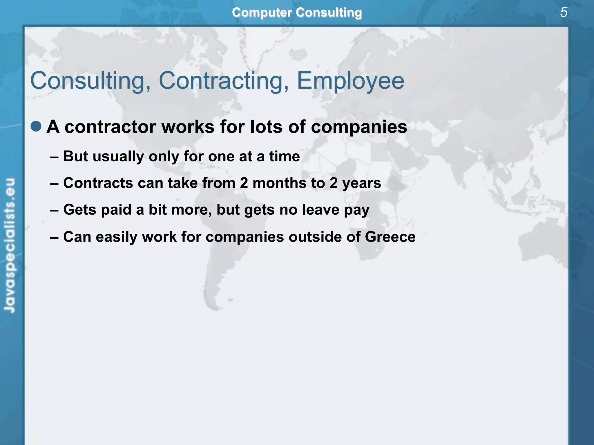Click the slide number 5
click(564, 12)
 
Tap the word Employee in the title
click(350, 81)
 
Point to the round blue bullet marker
click(36, 126)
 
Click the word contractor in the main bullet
click(110, 127)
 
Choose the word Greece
click(390, 237)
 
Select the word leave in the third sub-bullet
click(320, 209)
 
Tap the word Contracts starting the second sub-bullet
click(98, 183)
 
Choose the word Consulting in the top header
click(329, 12)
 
